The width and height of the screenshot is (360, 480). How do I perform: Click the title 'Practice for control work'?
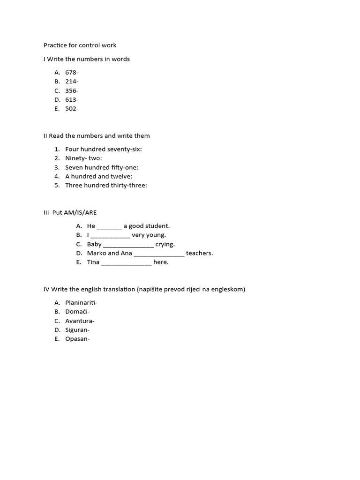pos(80,45)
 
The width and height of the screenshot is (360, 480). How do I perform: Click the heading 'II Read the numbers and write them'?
pos(97,136)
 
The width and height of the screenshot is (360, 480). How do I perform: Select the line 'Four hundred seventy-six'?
pos(103,150)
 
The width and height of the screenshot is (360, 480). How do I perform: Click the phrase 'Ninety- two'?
pos(83,158)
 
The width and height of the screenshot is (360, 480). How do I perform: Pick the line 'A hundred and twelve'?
pos(98,177)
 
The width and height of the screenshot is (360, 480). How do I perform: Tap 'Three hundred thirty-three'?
pos(105,186)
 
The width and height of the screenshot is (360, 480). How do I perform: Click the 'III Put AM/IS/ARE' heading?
pos(70,213)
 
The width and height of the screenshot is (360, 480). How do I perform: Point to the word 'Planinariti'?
pos(81,303)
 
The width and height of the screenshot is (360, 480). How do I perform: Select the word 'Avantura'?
pos(79,321)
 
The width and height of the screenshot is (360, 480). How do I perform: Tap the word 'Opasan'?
pos(77,339)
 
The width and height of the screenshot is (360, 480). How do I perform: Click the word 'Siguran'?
pos(77,330)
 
